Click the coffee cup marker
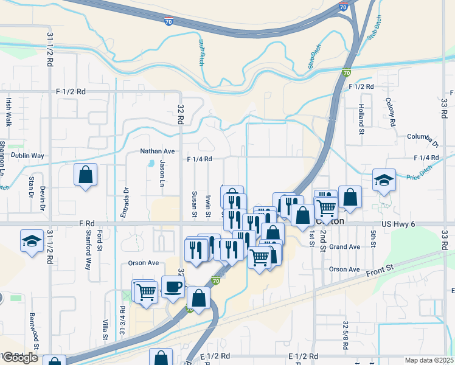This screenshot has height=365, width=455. pyautogui.click(x=173, y=287)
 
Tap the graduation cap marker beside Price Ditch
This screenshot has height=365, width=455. pyautogui.click(x=384, y=180)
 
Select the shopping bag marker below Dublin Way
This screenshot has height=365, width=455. pyautogui.click(x=85, y=175)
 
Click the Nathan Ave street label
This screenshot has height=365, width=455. pyautogui.click(x=158, y=151)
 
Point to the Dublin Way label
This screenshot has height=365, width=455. pyautogui.click(x=28, y=156)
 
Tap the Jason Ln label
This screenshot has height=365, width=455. pyautogui.click(x=162, y=173)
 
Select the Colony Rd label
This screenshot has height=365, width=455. pyautogui.click(x=393, y=112)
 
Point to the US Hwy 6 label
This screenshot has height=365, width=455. pyautogui.click(x=398, y=224)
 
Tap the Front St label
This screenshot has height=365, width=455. pyautogui.click(x=380, y=268)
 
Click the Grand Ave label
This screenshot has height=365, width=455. pyautogui.click(x=345, y=247)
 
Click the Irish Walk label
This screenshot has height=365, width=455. pyautogui.click(x=9, y=111)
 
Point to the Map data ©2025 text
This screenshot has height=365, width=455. pyautogui.click(x=429, y=360)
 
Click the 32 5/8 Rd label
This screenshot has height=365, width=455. pyautogui.click(x=345, y=335)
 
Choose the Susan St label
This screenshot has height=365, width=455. pyautogui.click(x=195, y=203)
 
